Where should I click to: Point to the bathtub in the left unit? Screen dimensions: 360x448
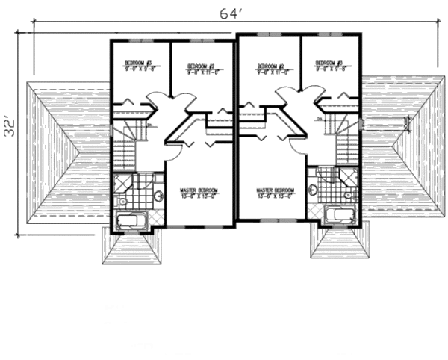(x=133, y=219)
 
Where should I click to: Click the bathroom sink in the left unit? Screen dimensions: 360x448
(x=158, y=196)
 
